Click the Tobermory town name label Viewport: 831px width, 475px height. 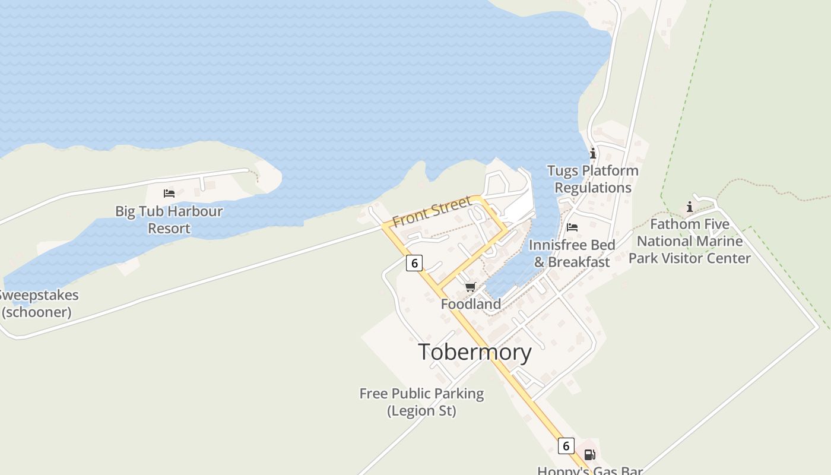(x=475, y=352)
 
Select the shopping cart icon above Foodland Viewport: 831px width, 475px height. (x=471, y=287)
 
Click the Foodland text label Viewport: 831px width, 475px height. (x=471, y=304)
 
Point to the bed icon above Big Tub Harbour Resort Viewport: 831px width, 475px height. (x=169, y=194)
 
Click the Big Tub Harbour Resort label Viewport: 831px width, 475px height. (x=169, y=219)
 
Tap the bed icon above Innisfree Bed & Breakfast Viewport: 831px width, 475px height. (x=572, y=227)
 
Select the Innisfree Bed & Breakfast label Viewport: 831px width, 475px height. (x=572, y=254)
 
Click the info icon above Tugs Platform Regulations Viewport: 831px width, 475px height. (x=592, y=154)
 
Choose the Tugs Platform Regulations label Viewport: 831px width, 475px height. (x=592, y=179)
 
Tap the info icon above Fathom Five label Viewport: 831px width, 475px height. (x=690, y=207)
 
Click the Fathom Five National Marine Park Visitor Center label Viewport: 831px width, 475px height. (x=690, y=241)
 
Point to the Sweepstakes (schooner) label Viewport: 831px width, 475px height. (x=38, y=303)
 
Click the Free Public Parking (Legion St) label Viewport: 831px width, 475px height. (x=421, y=402)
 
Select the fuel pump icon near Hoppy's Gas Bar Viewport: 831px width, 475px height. (x=589, y=455)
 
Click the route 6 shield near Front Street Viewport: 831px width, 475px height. (x=414, y=262)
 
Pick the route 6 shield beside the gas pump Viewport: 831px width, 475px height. (x=566, y=445)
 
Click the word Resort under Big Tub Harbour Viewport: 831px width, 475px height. (x=169, y=228)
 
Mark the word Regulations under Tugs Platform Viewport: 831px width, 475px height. (x=593, y=188)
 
